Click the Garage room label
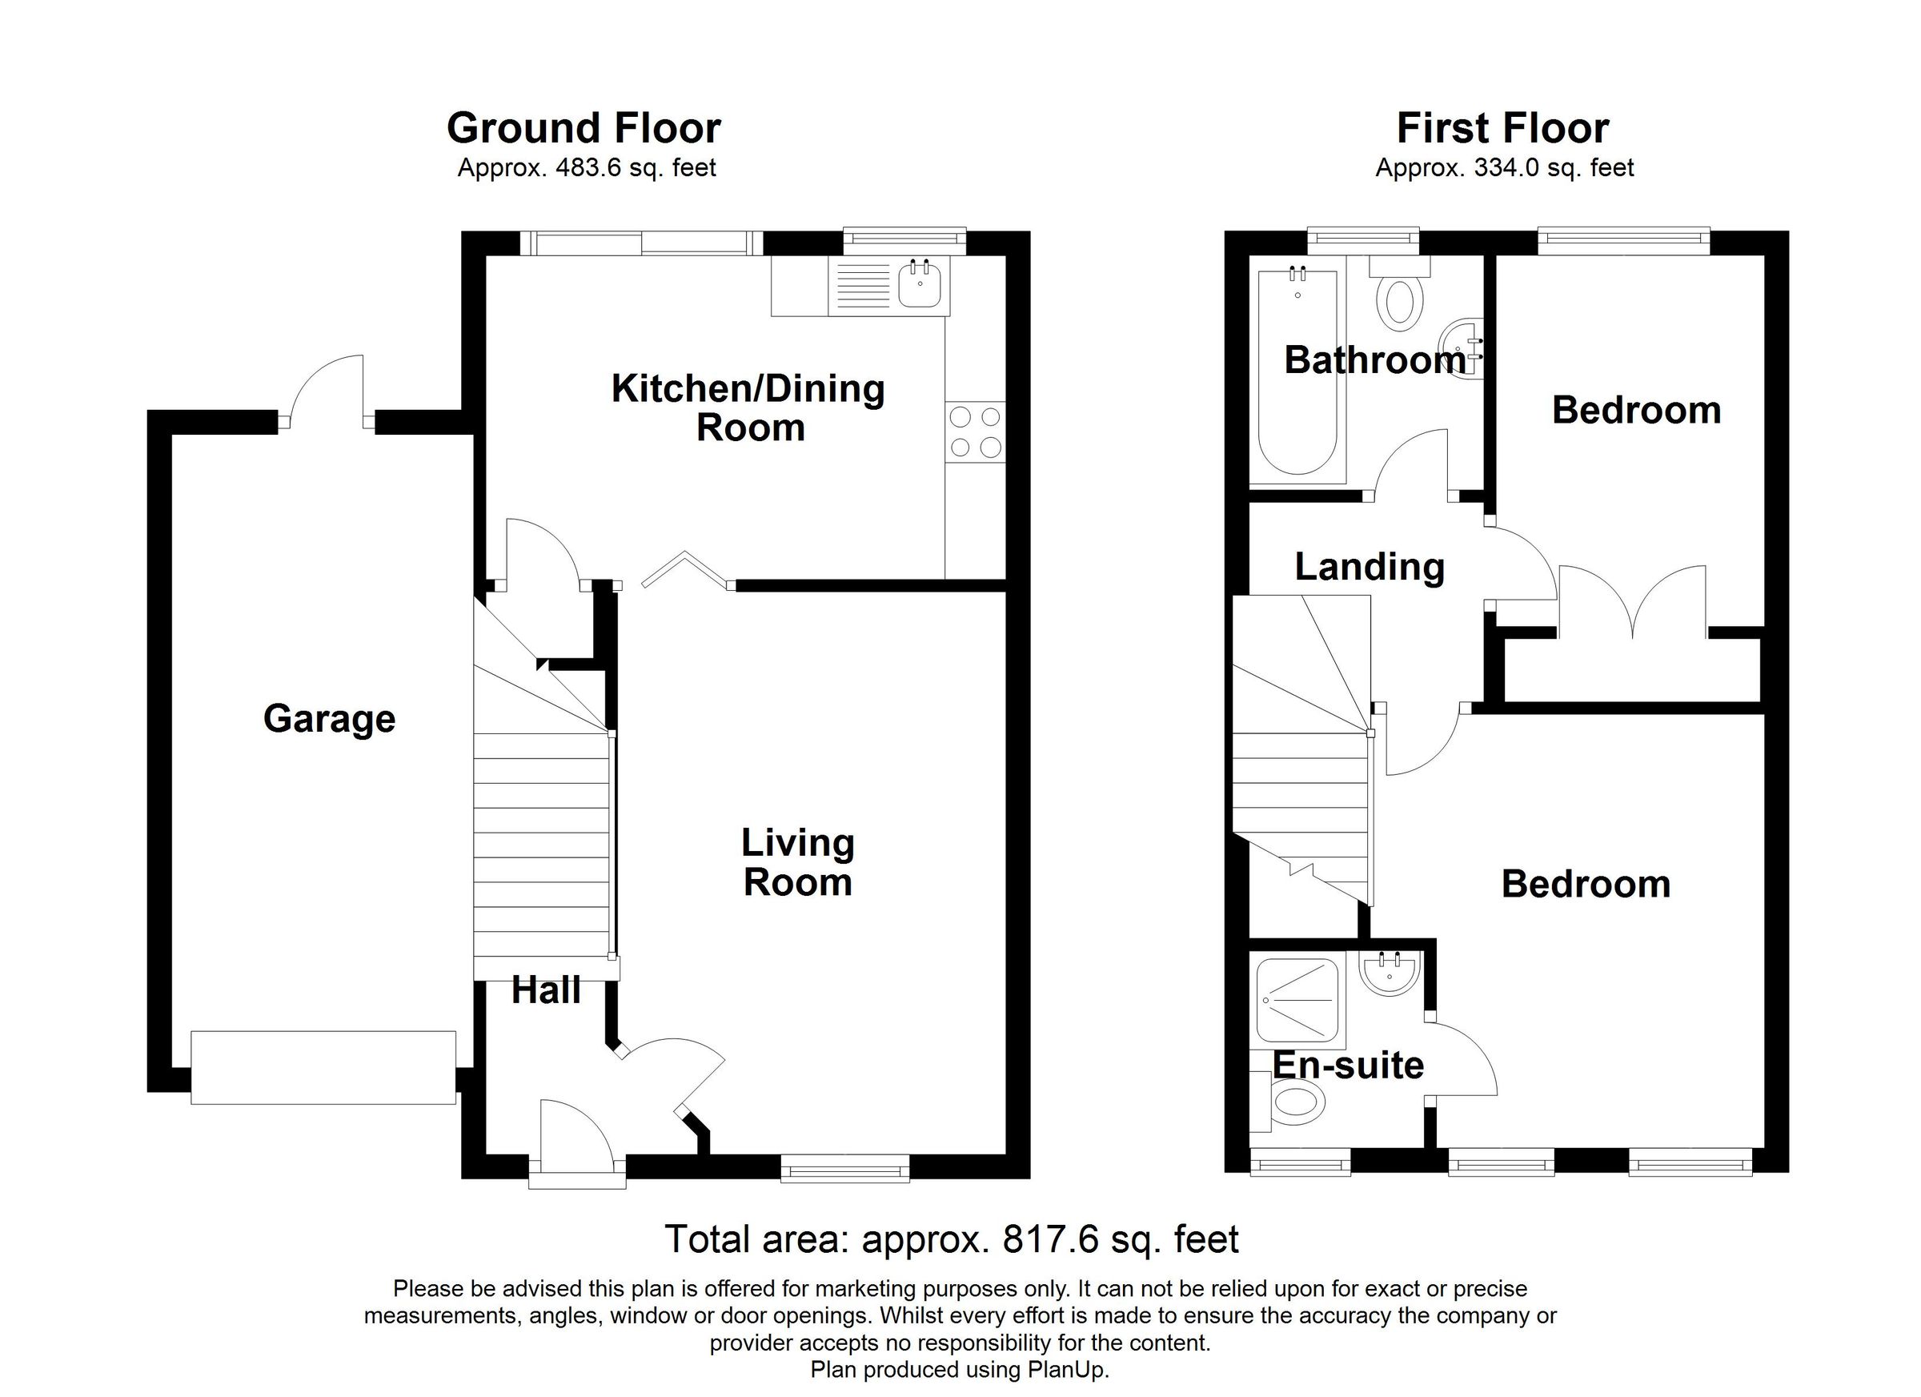(329, 719)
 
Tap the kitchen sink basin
(919, 286)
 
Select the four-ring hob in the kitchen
(976, 432)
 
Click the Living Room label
(797, 862)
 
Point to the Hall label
(547, 990)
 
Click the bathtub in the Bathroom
(1297, 373)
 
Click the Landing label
(1369, 567)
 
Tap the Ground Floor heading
(584, 129)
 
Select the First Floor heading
(1502, 129)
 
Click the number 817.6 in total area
(1050, 1239)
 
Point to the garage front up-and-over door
(323, 1067)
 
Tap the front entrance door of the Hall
(577, 1139)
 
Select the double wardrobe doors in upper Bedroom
(1632, 601)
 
